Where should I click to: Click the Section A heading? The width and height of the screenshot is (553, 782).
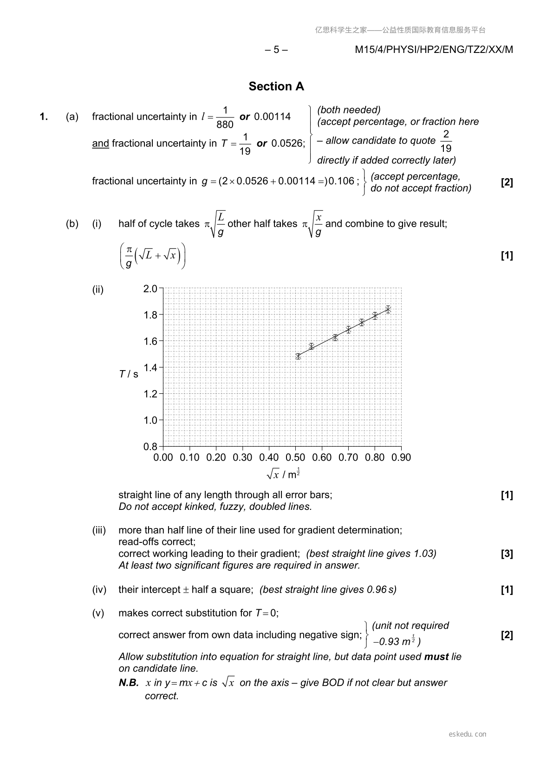[276, 86]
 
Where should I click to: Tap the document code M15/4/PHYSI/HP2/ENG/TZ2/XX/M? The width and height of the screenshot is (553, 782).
[434, 50]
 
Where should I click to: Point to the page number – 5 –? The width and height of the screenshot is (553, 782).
[276, 50]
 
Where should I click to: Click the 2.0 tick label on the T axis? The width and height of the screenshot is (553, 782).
[150, 289]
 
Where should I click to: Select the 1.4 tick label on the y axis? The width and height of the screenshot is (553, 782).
[150, 368]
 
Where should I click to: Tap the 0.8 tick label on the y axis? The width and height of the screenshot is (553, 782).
[150, 447]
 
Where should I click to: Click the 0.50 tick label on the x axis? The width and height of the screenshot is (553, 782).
[295, 457]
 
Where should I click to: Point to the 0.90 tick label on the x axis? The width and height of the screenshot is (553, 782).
[401, 457]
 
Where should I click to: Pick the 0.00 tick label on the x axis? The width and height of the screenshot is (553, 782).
[163, 457]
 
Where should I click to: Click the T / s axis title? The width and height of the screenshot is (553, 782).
[129, 374]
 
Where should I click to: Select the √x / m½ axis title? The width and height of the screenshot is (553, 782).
[283, 474]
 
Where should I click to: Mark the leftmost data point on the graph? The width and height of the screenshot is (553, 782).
[298, 356]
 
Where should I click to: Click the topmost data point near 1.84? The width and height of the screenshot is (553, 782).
[388, 309]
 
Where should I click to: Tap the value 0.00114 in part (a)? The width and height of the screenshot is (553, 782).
[272, 117]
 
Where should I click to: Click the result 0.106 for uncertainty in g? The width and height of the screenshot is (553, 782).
[341, 181]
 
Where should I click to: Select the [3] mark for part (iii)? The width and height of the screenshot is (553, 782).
[507, 554]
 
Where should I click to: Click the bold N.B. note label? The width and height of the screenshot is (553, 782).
[129, 683]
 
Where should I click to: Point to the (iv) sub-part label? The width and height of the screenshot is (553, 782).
[99, 590]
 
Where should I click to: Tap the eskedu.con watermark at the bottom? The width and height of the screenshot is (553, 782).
[468, 734]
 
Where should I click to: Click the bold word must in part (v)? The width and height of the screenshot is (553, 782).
[436, 657]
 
